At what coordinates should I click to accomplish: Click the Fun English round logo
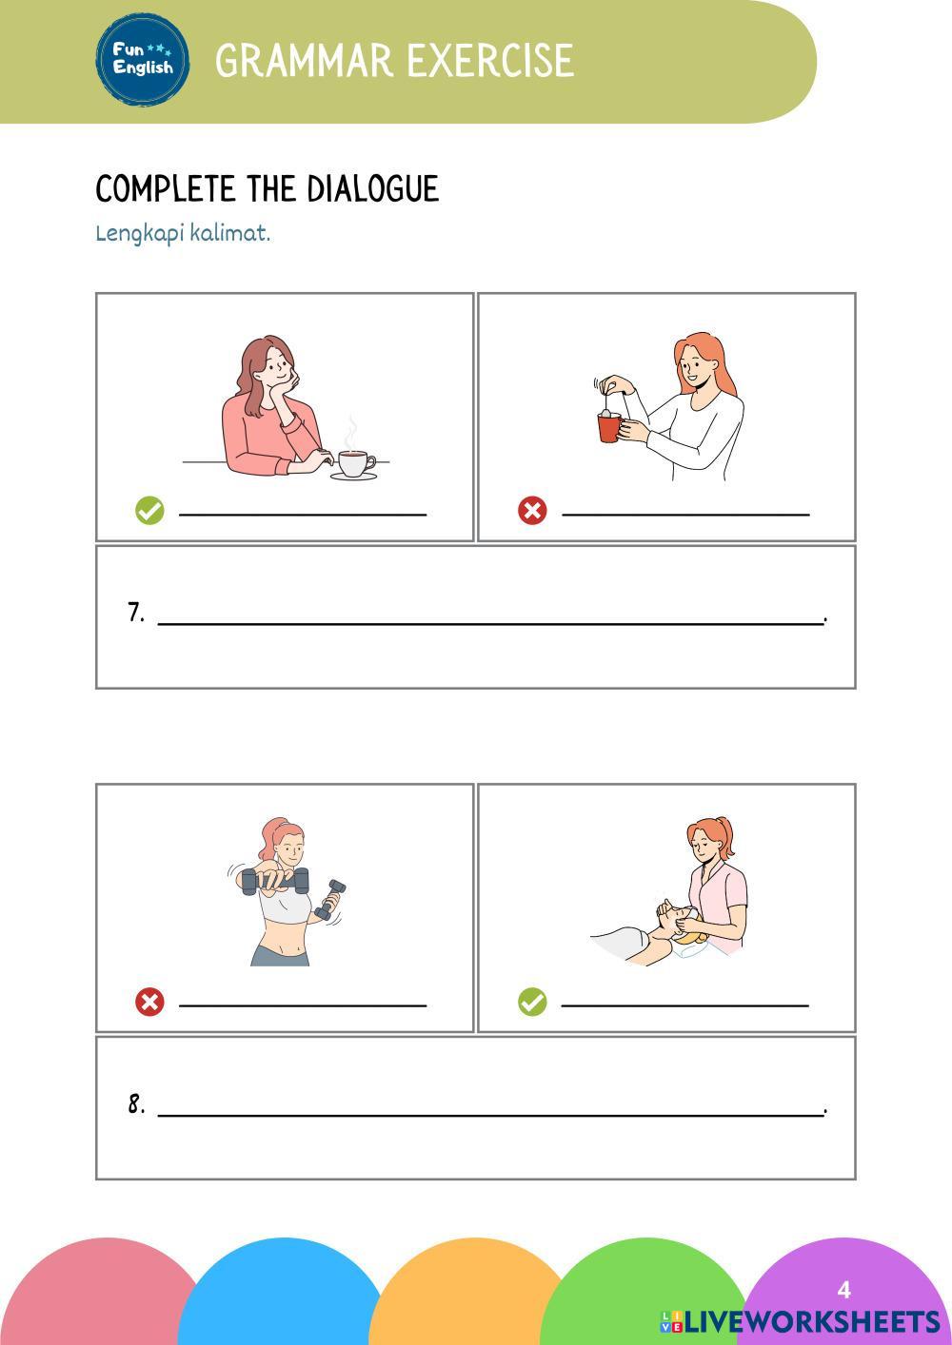point(143,60)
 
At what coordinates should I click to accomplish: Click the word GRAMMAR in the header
point(304,60)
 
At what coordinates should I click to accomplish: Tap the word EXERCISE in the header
point(490,60)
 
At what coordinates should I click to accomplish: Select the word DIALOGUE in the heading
point(372,188)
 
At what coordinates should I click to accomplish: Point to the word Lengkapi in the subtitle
point(139,233)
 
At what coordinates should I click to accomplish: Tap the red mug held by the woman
point(608,427)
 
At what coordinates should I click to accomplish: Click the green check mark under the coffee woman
point(149,511)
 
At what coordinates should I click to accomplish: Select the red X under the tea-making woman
point(532,511)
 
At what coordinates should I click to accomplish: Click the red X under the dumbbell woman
point(149,1003)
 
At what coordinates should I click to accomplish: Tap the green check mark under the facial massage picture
point(532,1003)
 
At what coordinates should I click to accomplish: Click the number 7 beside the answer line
point(136,612)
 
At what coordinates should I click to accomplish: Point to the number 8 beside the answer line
point(136,1103)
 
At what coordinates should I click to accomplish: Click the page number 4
point(843,1290)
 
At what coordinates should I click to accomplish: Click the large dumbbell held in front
point(275,881)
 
